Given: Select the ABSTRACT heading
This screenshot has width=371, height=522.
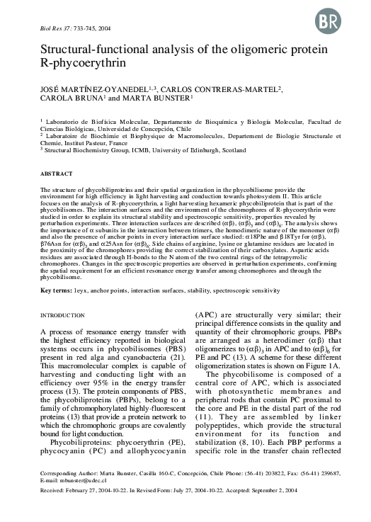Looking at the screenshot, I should click(56, 174).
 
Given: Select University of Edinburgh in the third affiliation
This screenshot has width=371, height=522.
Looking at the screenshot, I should click(202, 149).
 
